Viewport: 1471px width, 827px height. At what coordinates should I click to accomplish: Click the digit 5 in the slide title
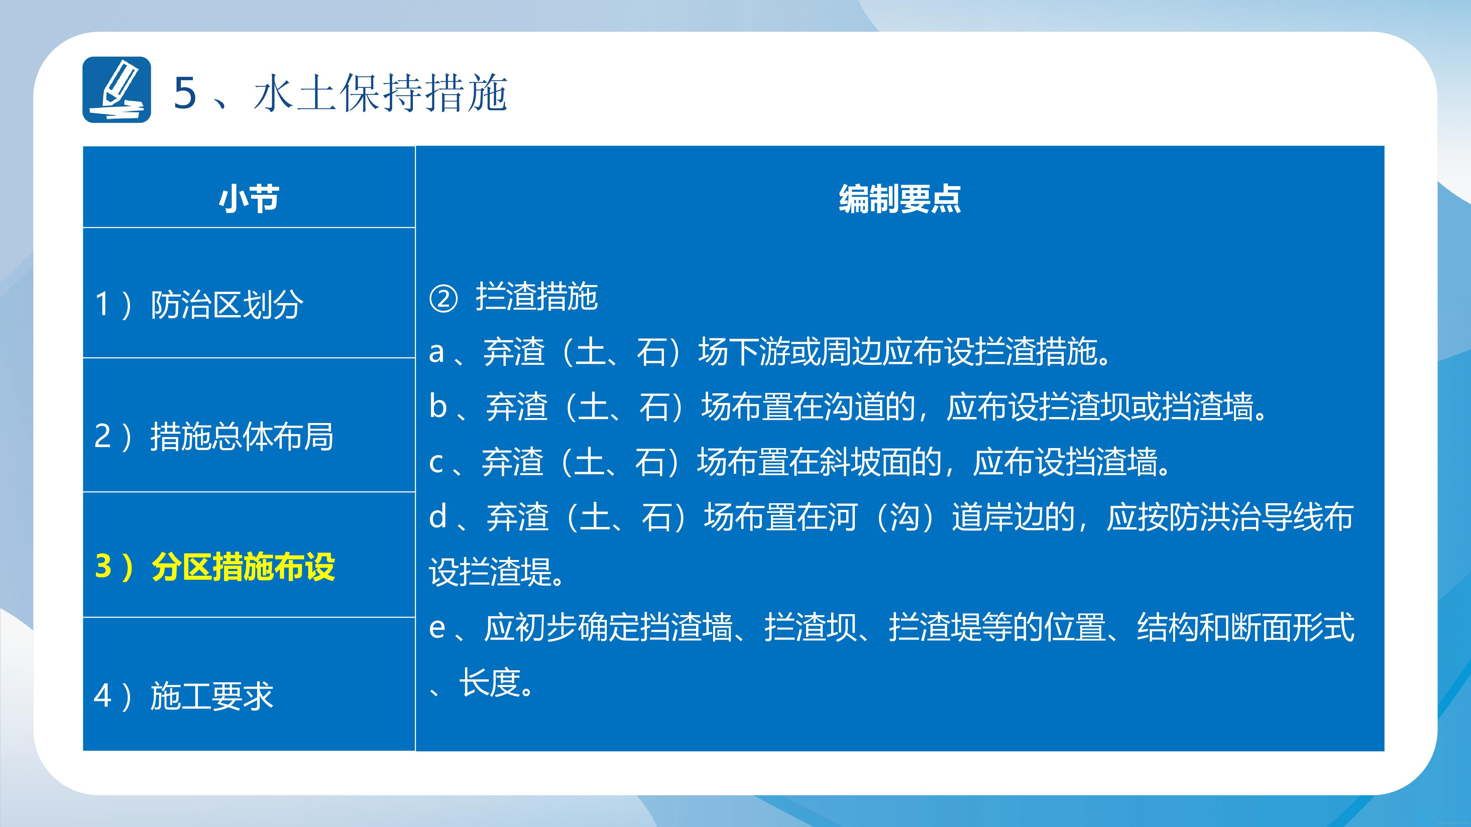[185, 93]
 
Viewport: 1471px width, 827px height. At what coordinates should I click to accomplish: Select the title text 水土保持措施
[380, 93]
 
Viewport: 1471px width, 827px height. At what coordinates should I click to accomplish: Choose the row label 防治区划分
[227, 304]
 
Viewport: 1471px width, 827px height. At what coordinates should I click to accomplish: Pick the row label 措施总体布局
[242, 437]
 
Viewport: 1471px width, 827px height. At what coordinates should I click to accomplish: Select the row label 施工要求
[212, 696]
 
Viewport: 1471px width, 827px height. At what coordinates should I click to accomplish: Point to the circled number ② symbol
[443, 298]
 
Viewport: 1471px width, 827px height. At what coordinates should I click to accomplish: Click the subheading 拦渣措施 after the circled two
[537, 297]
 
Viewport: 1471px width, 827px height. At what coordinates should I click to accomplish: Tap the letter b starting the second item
[438, 406]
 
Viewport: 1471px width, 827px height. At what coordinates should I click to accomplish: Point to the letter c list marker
[436, 463]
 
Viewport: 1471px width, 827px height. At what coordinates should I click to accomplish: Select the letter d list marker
[438, 517]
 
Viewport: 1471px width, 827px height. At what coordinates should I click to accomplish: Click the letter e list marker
[437, 628]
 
